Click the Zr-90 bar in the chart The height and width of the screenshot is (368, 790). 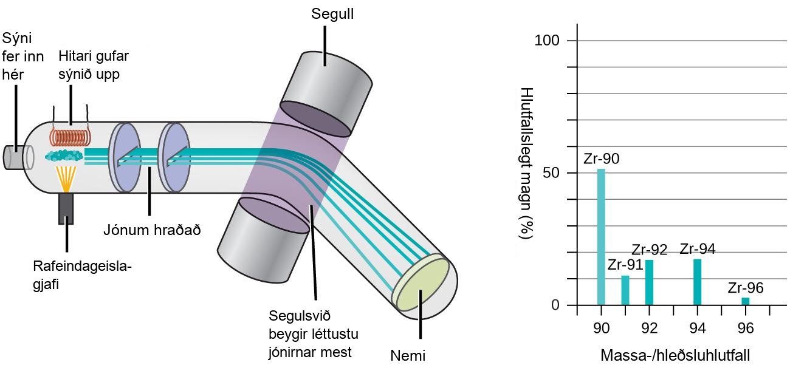point(601,237)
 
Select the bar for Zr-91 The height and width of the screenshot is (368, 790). point(625,290)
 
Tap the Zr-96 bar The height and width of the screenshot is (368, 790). point(745,301)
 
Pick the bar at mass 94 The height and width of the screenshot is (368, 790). point(697,282)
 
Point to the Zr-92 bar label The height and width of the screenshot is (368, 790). point(649,250)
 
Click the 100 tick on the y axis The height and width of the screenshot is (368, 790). point(547,41)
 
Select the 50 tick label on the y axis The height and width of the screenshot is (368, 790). point(551,172)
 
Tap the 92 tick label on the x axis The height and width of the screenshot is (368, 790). point(649,328)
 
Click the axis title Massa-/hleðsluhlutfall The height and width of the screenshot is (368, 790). point(675,356)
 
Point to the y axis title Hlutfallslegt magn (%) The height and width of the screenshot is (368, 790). point(526,163)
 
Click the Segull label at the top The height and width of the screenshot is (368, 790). point(332,14)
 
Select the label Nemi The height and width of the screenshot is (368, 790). point(408,356)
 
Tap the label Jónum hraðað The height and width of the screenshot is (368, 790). point(152,230)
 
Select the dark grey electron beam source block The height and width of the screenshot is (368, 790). point(66,209)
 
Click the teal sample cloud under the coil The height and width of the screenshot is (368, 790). point(64,155)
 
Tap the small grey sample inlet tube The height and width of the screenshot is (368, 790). point(14,157)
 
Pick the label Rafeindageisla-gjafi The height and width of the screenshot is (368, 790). point(82,275)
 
